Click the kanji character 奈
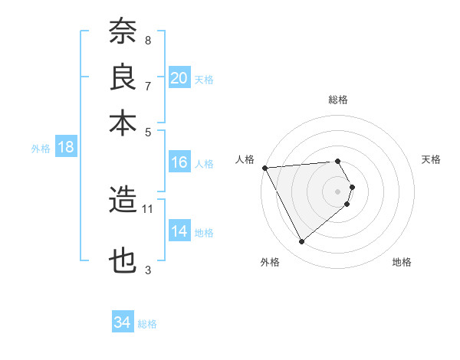tap(123, 33)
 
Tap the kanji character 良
tap(123, 78)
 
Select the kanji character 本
tap(123, 123)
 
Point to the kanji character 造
tap(123, 201)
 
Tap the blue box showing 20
tap(179, 77)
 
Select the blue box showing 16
tap(179, 162)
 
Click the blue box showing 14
tap(179, 231)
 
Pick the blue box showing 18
tap(65, 148)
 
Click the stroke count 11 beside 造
tap(148, 208)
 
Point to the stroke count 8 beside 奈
tap(147, 40)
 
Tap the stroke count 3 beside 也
tap(147, 269)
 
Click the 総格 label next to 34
tap(147, 324)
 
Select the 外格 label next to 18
tap(41, 149)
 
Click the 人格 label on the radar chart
tap(245, 159)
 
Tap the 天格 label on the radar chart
tap(431, 159)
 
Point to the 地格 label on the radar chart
tap(402, 262)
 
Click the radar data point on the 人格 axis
tap(264, 167)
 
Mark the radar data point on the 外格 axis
tap(301, 242)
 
